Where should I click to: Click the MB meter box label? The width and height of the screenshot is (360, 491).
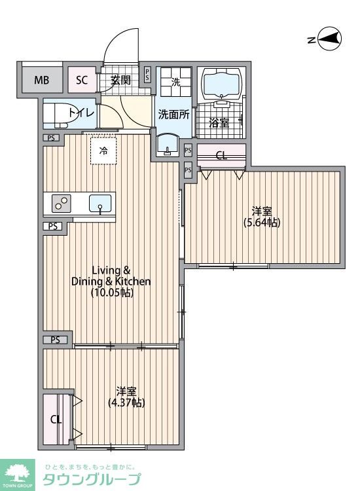42,80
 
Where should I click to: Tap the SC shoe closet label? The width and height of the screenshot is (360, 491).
82,80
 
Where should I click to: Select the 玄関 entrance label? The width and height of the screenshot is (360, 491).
121,81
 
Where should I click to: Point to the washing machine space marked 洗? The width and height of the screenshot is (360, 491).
175,82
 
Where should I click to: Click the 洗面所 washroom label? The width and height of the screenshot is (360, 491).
173,115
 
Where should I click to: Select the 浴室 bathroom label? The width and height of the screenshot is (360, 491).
219,123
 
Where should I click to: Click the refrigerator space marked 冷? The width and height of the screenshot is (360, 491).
103,151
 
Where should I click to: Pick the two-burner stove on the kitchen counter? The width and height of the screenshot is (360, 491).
61,204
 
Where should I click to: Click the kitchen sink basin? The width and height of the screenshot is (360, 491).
100,203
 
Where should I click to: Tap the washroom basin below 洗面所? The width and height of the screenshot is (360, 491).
168,145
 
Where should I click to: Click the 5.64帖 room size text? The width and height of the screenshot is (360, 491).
262,223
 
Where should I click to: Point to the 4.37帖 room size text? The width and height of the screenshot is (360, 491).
126,403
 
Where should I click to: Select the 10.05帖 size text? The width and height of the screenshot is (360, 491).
113,293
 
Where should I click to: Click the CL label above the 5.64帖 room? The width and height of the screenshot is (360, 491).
222,155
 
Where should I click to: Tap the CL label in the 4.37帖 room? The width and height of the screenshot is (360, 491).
56,420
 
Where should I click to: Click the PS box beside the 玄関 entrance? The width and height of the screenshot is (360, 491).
147,75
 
